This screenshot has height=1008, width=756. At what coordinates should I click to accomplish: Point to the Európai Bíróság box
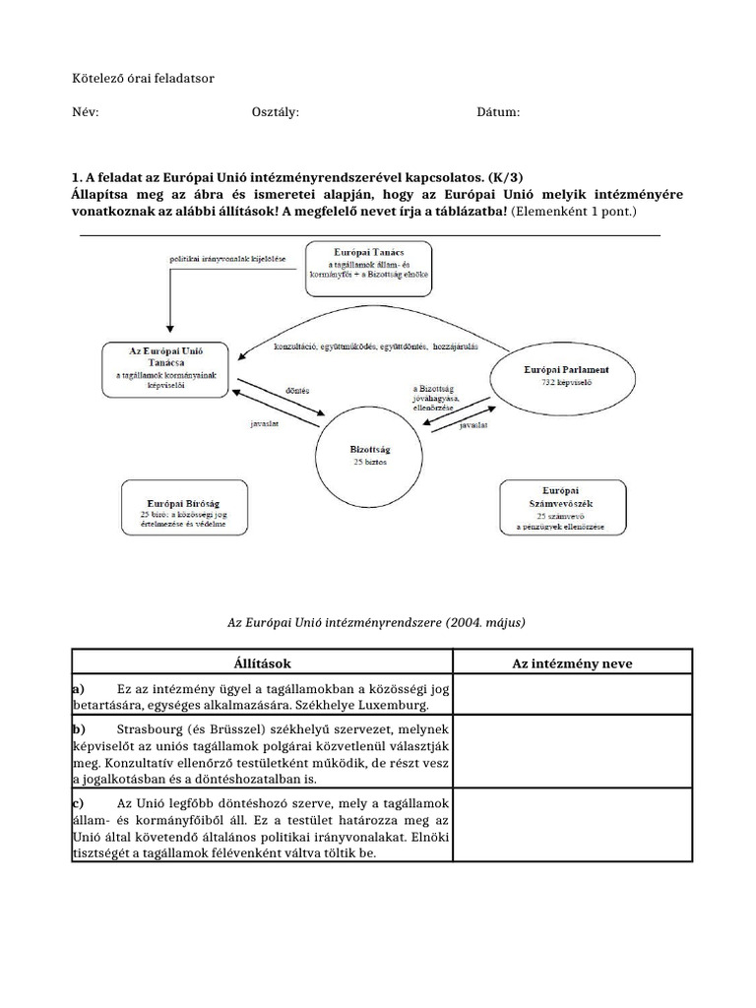point(182,508)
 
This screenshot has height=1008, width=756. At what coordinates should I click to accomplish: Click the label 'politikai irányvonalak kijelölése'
point(227,259)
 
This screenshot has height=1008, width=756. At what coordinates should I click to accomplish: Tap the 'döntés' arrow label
point(296,390)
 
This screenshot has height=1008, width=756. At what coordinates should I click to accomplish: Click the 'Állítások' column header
point(262,663)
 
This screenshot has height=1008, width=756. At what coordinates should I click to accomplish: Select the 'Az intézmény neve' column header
point(572,663)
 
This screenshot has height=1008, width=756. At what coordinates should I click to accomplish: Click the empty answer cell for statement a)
point(572,696)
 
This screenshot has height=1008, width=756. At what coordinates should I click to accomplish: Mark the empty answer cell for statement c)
point(572,827)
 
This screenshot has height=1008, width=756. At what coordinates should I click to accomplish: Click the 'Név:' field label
point(86,112)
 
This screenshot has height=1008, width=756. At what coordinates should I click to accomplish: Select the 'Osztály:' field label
point(276,112)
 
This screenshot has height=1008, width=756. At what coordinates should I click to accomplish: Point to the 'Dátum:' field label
point(498,112)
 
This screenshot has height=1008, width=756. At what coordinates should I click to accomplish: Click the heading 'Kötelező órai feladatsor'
point(143,77)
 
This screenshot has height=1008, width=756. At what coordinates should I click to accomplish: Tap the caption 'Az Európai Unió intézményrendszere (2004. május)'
point(377,623)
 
